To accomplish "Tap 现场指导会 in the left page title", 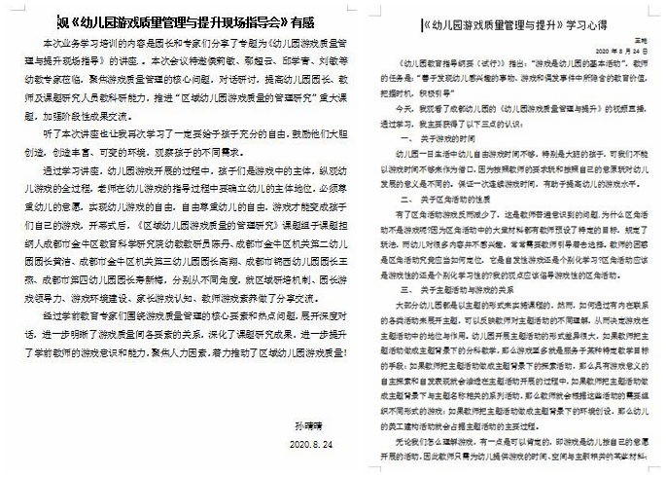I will tap(246, 20).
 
